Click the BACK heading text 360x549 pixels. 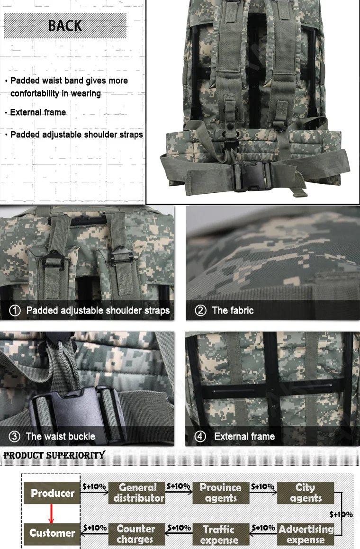click(65, 26)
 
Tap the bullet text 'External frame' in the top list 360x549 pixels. click(38, 113)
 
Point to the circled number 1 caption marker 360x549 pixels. click(15, 311)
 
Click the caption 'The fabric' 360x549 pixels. click(233, 311)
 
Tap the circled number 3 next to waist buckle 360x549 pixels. click(15, 436)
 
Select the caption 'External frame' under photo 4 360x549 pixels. click(244, 436)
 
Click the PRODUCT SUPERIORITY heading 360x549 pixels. click(54, 456)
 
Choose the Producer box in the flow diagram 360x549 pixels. click(52, 493)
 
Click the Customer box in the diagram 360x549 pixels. click(52, 533)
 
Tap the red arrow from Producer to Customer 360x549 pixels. click(51, 513)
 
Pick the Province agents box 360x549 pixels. click(220, 493)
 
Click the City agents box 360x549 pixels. click(306, 493)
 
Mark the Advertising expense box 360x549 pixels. click(306, 534)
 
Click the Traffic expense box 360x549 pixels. click(219, 534)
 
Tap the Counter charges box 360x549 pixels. click(135, 534)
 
